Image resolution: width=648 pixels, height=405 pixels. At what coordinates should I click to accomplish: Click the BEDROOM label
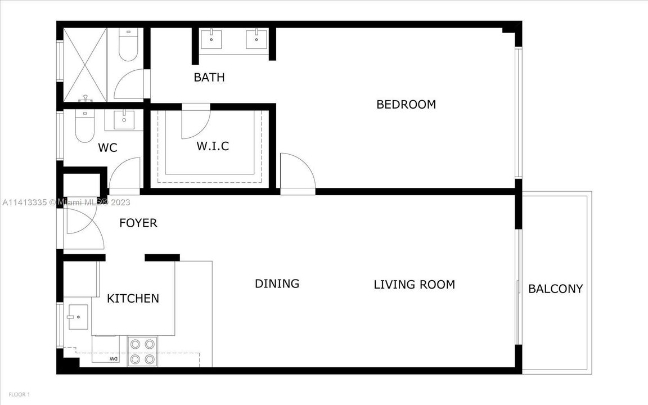click(x=406, y=105)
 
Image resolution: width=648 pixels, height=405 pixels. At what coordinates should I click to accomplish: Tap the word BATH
click(x=209, y=78)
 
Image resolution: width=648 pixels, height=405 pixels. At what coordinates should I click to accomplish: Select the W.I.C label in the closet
click(x=213, y=146)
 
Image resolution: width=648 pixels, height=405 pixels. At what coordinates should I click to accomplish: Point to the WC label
click(x=107, y=148)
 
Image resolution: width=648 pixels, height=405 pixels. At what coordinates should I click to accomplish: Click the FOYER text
click(x=138, y=223)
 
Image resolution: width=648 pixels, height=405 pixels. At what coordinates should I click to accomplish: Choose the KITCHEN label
click(x=133, y=299)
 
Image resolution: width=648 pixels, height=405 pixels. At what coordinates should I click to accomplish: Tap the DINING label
click(x=277, y=283)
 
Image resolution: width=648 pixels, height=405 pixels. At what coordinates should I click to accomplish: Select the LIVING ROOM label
click(x=414, y=285)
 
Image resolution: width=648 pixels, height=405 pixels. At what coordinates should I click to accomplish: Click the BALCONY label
click(x=555, y=289)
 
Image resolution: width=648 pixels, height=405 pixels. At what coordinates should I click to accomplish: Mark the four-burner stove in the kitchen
click(x=142, y=351)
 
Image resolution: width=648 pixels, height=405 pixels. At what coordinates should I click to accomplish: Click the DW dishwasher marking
click(x=112, y=358)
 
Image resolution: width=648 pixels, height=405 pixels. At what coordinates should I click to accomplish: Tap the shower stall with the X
click(x=85, y=64)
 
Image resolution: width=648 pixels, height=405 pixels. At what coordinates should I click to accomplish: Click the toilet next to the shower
click(x=128, y=46)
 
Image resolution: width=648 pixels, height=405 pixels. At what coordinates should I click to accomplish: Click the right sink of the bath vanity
click(x=256, y=38)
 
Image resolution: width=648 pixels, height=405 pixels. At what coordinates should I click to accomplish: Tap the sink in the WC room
click(x=123, y=119)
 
